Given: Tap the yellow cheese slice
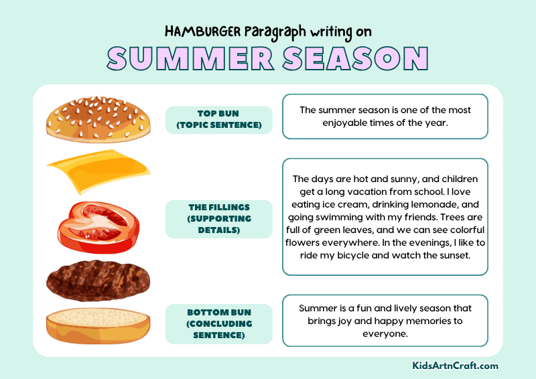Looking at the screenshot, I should [97, 171].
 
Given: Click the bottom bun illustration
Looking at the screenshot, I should [97, 325].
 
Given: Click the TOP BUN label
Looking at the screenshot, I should [218, 119].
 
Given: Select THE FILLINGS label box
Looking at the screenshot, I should [218, 219].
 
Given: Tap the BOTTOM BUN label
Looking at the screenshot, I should [218, 323].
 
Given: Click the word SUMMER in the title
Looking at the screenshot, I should [190, 59].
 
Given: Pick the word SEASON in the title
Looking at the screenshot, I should [355, 59].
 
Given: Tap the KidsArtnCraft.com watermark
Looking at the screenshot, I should [455, 366].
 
